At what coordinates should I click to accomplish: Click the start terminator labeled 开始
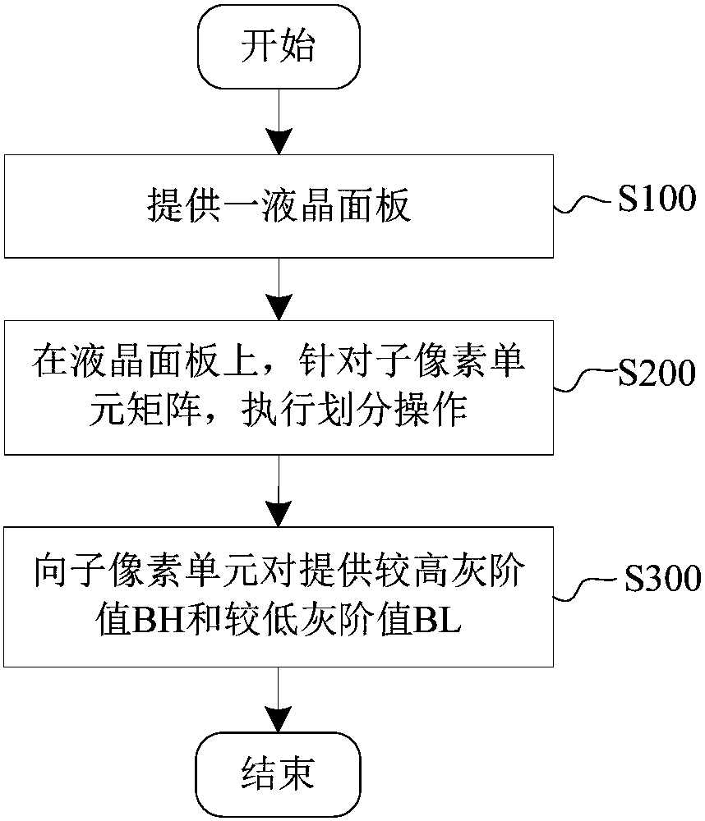coord(279,46)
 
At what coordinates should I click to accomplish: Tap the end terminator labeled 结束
coord(279,774)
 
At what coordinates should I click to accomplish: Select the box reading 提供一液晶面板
coord(279,206)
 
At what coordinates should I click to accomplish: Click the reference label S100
coord(657,199)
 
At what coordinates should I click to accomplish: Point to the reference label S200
coord(657,373)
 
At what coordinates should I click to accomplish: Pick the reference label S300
coord(662,577)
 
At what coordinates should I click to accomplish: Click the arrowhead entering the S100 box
coord(279,141)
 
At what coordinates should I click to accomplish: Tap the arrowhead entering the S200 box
coord(279,307)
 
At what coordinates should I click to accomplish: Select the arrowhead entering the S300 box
coord(279,514)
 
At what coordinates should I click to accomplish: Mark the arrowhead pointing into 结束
coord(279,718)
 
